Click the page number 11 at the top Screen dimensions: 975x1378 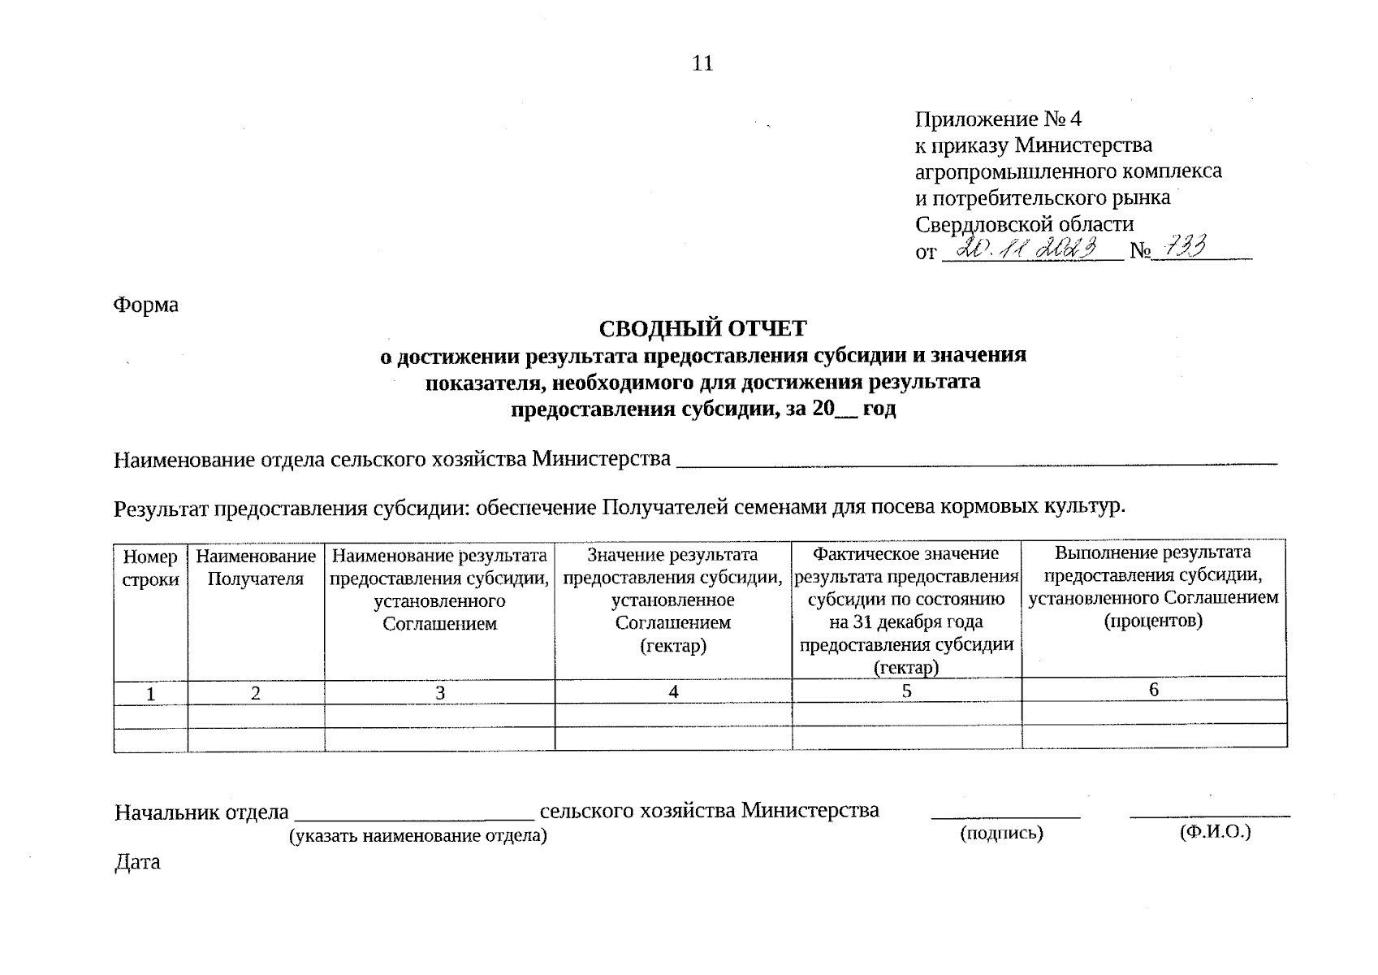702,63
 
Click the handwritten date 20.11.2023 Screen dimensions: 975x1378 1029,249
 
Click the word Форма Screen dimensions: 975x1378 146,305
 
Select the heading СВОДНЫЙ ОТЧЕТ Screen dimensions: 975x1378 702,329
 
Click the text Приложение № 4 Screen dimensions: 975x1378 998,119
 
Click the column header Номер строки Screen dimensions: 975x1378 150,568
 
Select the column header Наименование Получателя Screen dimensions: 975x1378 256,568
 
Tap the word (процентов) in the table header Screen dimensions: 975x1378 1152,622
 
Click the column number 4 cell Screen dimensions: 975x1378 673,692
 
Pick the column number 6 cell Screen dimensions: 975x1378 1153,690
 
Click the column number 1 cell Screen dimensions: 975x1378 150,694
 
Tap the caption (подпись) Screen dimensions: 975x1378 1000,833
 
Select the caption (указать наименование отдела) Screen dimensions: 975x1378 418,835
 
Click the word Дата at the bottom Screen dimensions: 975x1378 137,862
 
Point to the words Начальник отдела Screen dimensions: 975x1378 201,812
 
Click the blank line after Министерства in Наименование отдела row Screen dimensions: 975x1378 974,459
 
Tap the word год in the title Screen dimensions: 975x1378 879,409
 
